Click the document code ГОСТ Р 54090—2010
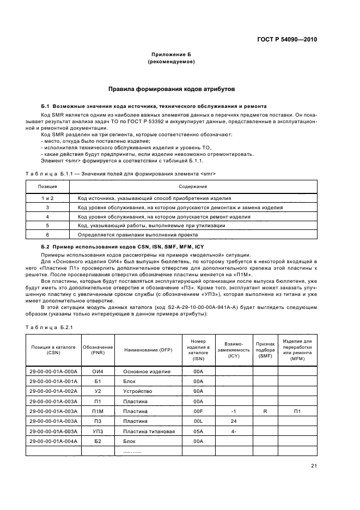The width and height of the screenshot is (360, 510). coord(286,40)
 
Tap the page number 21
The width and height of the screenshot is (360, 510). coord(314,465)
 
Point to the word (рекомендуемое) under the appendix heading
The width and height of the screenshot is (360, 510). coord(171,62)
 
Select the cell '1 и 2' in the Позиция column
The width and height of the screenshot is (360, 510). coord(47,198)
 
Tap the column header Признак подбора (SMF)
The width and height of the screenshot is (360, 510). coord(265,349)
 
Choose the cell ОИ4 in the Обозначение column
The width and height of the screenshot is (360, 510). coord(97,371)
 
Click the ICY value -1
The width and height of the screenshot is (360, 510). coord(234,411)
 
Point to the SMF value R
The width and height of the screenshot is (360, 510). coord(265,411)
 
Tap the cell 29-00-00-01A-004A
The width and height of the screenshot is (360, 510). coord(53,441)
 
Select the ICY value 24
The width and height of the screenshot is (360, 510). coord(234,421)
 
